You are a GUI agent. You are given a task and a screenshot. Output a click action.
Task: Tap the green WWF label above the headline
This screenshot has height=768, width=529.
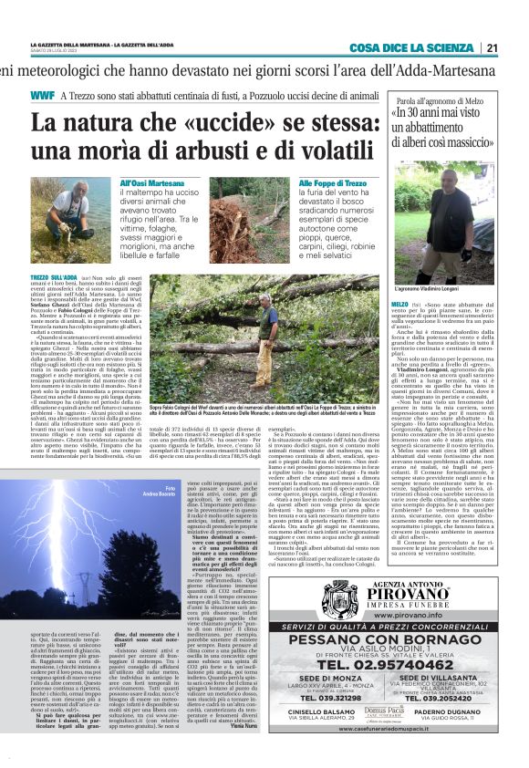(41, 95)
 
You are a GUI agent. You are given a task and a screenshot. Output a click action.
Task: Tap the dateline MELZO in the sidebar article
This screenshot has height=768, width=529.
(399, 302)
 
